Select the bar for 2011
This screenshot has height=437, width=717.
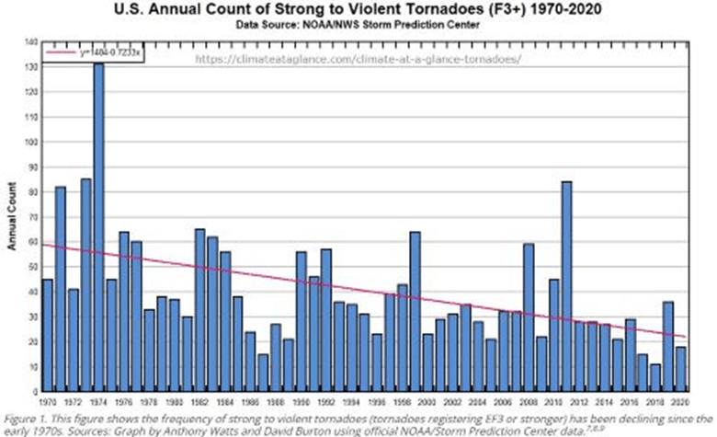pos(566,286)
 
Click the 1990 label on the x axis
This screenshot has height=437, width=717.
pos(301,402)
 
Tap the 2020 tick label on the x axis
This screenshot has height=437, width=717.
pos(680,402)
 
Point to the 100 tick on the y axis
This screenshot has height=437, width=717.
pos(29,143)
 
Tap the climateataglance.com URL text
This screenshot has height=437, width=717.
pos(359,58)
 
